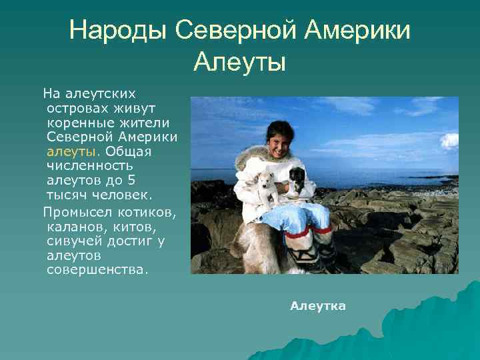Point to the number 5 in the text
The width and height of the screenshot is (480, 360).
point(132,180)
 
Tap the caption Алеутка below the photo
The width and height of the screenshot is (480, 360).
point(318,306)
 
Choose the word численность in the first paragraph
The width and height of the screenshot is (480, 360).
point(91,165)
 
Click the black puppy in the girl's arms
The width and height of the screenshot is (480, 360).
point(296,178)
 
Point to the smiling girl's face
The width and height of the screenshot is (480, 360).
point(279,141)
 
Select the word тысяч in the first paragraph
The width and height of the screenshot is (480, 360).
point(67,195)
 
